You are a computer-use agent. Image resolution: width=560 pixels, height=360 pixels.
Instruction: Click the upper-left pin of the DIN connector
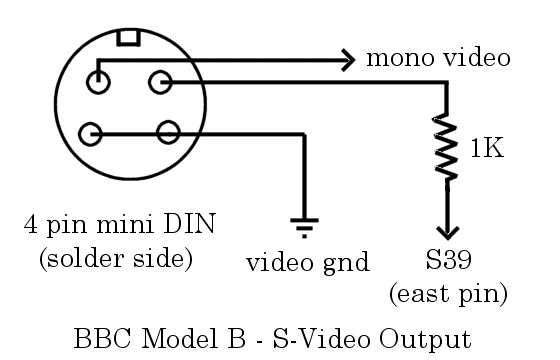click(x=99, y=82)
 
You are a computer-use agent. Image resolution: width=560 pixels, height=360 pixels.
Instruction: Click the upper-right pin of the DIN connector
click(x=159, y=82)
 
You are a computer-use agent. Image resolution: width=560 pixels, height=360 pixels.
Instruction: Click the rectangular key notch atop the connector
click(x=129, y=38)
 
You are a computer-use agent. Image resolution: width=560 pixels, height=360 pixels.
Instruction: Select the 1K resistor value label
click(x=487, y=149)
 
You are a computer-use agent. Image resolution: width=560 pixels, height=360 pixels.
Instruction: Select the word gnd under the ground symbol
click(x=346, y=264)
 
